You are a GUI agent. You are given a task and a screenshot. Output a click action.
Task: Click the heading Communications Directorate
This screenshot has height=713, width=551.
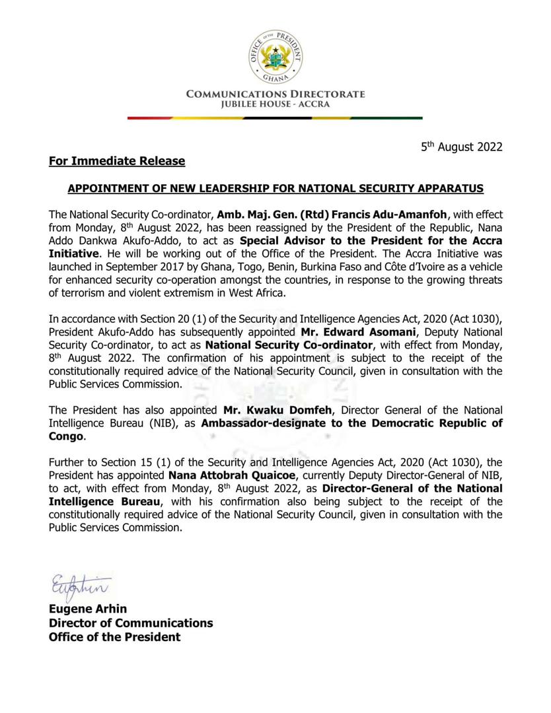[275, 94]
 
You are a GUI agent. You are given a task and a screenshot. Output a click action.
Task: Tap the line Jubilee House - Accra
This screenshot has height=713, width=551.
[275, 104]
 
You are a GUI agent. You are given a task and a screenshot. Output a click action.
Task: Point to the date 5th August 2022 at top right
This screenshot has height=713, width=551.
[462, 147]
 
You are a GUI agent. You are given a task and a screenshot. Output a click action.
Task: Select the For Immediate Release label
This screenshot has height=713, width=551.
[117, 161]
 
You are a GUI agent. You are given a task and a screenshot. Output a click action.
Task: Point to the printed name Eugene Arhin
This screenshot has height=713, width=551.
[87, 609]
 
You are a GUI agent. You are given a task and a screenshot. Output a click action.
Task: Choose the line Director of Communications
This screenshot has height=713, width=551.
[130, 623]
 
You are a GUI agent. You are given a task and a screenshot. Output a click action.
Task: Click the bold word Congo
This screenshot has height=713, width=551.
[67, 436]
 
